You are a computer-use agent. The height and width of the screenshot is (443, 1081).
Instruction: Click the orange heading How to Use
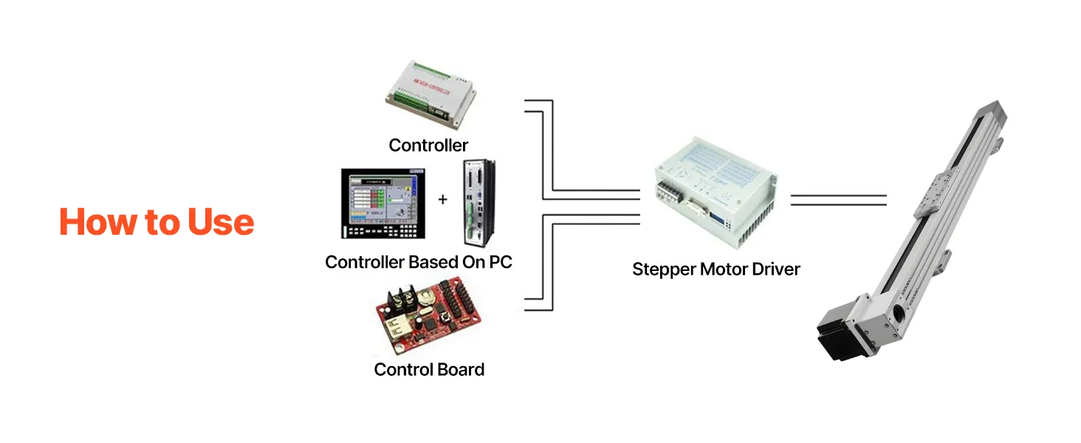click(x=157, y=222)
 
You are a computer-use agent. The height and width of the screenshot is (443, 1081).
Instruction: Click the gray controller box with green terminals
click(x=430, y=94)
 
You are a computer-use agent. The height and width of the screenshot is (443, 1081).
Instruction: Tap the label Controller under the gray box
click(x=428, y=145)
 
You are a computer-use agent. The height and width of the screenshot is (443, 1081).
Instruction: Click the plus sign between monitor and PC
click(x=442, y=199)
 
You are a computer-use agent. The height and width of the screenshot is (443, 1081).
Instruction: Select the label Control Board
click(x=429, y=369)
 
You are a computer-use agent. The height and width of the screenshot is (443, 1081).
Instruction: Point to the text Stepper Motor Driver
click(x=715, y=269)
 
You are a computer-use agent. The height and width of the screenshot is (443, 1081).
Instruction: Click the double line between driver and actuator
click(x=838, y=199)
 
